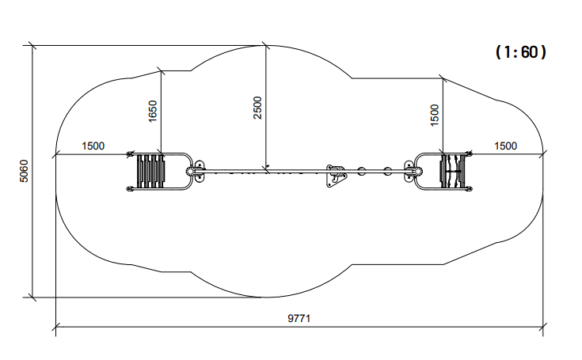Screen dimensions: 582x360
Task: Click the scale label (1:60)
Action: [521, 52]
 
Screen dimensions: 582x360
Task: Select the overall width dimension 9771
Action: [299, 319]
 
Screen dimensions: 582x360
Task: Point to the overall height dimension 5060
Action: [24, 171]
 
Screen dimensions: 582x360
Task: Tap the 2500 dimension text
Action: [257, 108]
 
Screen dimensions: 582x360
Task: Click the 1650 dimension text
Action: [153, 111]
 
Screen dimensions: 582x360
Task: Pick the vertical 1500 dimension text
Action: [434, 116]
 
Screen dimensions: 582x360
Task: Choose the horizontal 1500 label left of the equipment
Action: [93, 146]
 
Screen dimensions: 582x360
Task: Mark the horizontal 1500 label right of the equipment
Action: [505, 146]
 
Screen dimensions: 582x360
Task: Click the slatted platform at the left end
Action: [150, 171]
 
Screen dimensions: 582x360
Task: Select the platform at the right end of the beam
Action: [452, 171]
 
